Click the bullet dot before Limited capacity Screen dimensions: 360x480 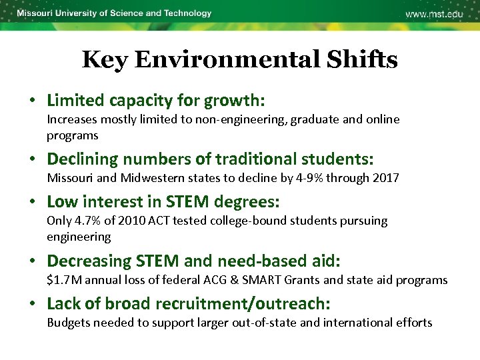coord(32,101)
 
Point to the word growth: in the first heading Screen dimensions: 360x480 coord(235,101)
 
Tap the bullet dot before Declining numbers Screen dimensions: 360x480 coord(32,160)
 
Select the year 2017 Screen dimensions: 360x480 coord(385,178)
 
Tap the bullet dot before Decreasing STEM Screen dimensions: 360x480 coord(32,261)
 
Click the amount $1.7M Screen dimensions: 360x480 coord(63,280)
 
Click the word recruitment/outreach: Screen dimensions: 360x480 coord(243,304)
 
